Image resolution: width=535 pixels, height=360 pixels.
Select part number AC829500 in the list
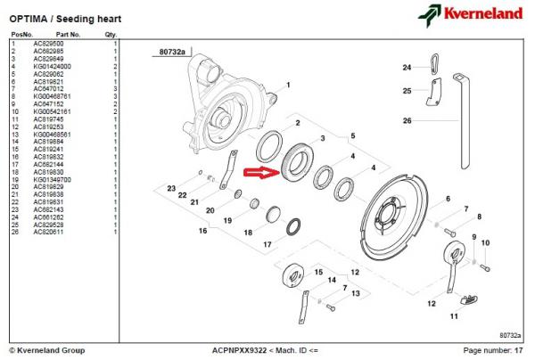(48, 43)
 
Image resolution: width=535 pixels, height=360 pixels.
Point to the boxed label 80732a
(173, 53)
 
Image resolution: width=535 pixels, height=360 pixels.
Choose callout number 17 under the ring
(267, 245)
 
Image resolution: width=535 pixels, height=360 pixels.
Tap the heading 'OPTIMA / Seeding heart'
(66, 18)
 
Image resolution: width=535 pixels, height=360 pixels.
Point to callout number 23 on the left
(172, 188)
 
